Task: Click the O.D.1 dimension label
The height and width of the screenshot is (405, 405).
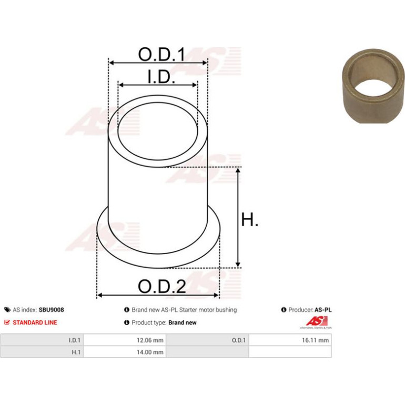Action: (161, 54)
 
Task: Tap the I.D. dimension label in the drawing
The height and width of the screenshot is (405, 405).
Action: (161, 77)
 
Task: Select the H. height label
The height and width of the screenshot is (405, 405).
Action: (249, 219)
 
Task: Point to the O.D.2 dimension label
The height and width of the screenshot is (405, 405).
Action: (161, 286)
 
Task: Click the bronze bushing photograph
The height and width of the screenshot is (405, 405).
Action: (373, 86)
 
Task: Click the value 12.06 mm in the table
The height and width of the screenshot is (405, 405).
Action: (150, 340)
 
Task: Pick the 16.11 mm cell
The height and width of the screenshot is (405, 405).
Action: (316, 340)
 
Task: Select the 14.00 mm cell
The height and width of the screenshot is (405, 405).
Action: (150, 352)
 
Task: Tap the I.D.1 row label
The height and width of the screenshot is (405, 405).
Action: (75, 340)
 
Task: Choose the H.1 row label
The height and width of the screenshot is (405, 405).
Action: (76, 352)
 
